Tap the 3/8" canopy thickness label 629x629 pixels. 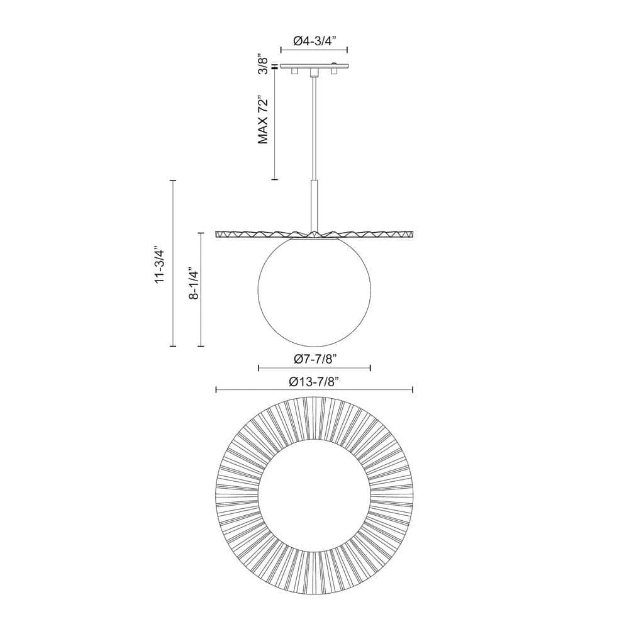coord(263,64)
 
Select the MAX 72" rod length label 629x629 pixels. coord(263,120)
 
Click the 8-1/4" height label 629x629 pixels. coord(194,284)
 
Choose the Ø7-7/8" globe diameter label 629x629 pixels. coord(314,359)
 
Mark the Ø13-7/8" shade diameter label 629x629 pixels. coord(314,382)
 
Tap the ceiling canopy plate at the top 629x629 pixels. coord(314,66)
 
